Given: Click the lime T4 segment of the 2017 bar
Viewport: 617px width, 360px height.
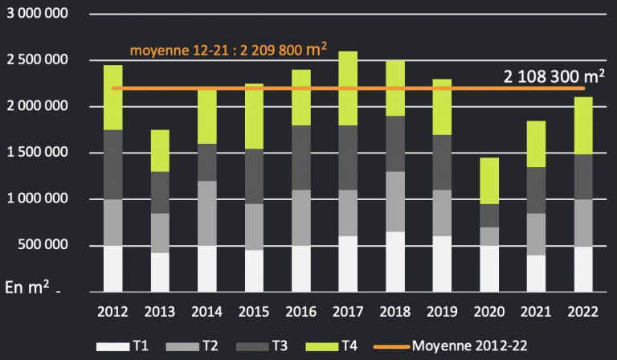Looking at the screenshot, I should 348,88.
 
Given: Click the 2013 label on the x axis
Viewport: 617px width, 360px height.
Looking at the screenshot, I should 160,310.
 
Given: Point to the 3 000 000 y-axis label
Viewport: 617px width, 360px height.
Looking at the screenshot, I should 38,15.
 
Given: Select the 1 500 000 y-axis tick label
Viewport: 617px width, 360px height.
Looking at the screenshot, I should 38,153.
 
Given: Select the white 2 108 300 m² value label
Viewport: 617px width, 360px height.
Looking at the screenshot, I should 554,76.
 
